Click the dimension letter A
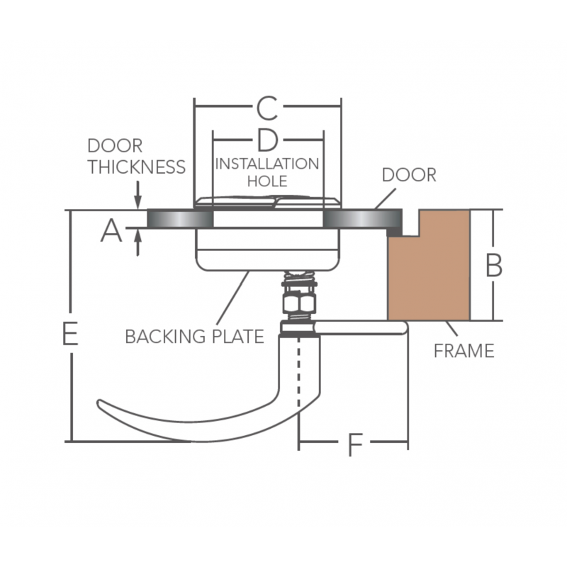point(111,230)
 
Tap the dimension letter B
point(494,265)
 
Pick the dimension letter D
point(266,140)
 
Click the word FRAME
point(464,350)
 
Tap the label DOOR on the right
point(409,174)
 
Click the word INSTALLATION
point(267,164)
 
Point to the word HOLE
point(267,181)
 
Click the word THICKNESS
point(136,167)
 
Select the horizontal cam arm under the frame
point(361,327)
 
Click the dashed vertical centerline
point(299,383)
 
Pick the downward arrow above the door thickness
point(137,198)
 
